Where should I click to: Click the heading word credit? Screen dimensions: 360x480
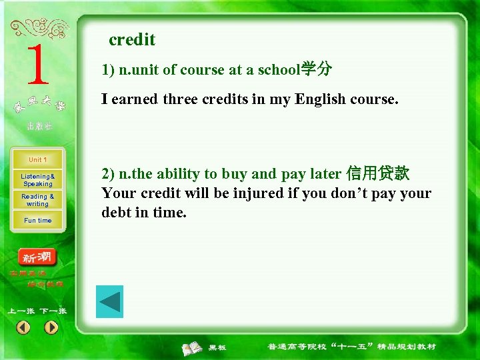click(132, 40)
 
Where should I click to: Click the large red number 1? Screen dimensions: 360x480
click(38, 65)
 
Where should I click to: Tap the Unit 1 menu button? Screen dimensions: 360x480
click(37, 160)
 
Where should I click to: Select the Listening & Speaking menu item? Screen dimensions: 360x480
click(37, 180)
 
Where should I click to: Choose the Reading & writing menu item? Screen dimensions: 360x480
click(37, 200)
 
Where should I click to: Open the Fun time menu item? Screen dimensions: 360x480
click(37, 221)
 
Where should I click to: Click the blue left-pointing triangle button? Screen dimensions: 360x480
click(109, 301)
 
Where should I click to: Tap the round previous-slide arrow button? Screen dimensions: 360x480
click(23, 327)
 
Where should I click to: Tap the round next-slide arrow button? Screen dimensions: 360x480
click(51, 327)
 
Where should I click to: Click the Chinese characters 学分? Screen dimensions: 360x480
click(316, 69)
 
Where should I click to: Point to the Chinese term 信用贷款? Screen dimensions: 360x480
click(377, 174)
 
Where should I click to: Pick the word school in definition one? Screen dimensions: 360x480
click(280, 70)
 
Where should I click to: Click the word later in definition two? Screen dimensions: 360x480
click(326, 174)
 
